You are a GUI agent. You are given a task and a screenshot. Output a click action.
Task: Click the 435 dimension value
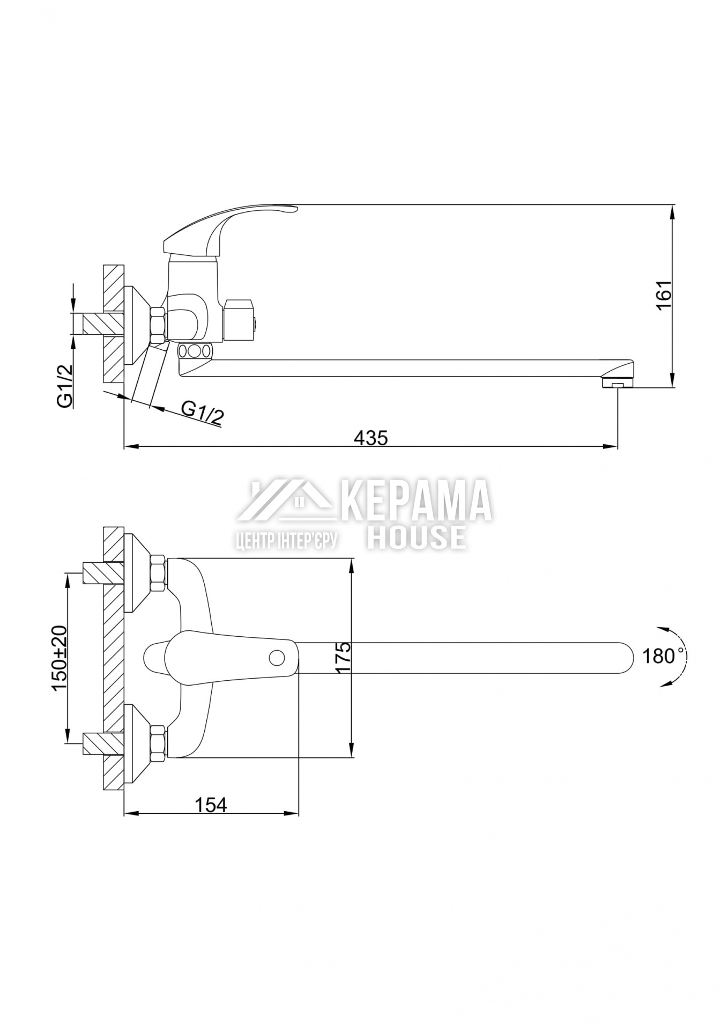point(370,437)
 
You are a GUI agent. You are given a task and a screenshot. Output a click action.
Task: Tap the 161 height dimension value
point(664,295)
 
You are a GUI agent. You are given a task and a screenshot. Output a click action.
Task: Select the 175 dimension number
point(343,657)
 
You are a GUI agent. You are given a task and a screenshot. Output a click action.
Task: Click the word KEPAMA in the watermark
point(416,501)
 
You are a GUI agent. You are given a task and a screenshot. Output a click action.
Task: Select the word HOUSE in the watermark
point(416,537)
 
